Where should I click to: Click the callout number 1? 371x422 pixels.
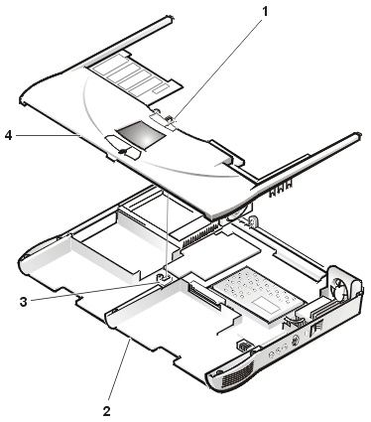265,12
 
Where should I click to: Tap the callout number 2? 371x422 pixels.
106,411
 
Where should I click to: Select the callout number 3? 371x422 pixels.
23,302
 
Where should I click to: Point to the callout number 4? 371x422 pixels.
9,135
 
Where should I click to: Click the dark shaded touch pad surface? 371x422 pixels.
140,134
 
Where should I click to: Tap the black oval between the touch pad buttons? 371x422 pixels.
121,151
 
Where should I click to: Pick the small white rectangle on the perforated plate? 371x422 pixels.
265,305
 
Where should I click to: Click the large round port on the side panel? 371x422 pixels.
295,340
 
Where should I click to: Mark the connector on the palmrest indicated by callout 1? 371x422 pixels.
163,119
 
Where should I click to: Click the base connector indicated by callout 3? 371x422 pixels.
165,278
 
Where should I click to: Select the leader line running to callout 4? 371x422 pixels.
48,135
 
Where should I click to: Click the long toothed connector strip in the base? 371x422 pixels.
199,236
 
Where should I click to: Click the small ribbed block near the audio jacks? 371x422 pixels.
243,346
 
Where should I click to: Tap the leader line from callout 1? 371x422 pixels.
217,70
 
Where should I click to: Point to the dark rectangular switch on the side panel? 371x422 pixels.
315,330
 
